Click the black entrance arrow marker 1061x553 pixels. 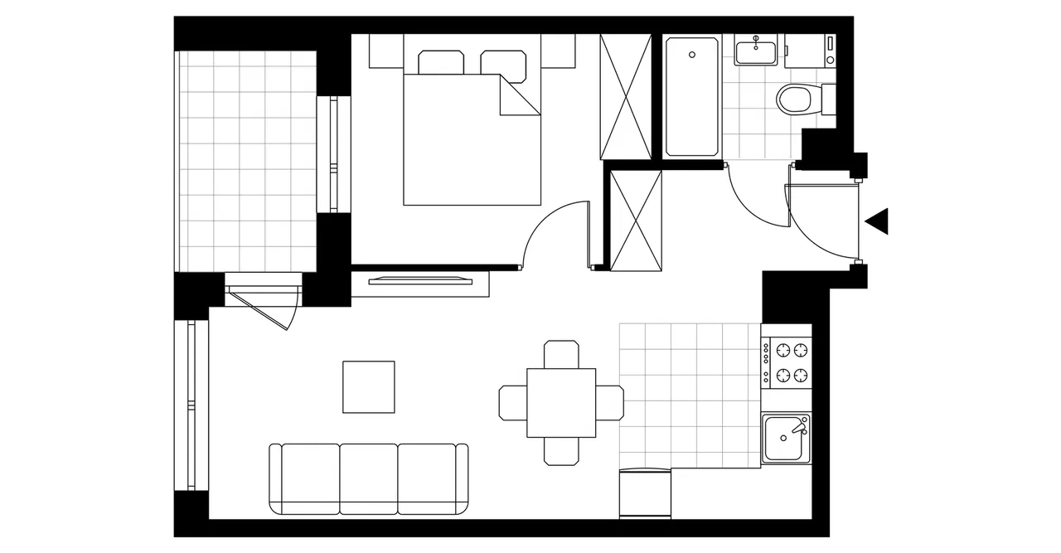(x=878, y=221)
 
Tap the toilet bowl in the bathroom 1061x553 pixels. (x=794, y=100)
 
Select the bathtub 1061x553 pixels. (x=692, y=95)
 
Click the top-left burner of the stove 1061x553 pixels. (x=782, y=350)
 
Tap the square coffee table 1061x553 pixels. (x=369, y=386)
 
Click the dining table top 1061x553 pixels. (x=561, y=403)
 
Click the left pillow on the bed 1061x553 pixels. (x=441, y=63)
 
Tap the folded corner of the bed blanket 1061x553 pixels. (x=518, y=96)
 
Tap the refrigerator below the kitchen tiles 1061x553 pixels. (x=644, y=494)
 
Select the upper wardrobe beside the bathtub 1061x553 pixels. (x=625, y=96)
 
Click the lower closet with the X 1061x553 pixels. (x=636, y=220)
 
